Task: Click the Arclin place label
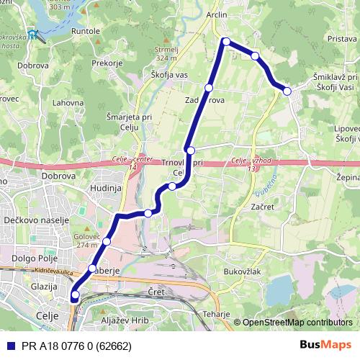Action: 216,14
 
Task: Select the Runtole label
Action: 86,32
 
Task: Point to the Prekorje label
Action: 108,63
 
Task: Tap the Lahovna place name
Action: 68,103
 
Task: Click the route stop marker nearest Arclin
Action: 226,41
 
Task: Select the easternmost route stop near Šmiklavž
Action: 287,91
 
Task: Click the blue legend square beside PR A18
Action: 10,344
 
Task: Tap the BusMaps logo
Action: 325,344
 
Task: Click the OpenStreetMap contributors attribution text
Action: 297,322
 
